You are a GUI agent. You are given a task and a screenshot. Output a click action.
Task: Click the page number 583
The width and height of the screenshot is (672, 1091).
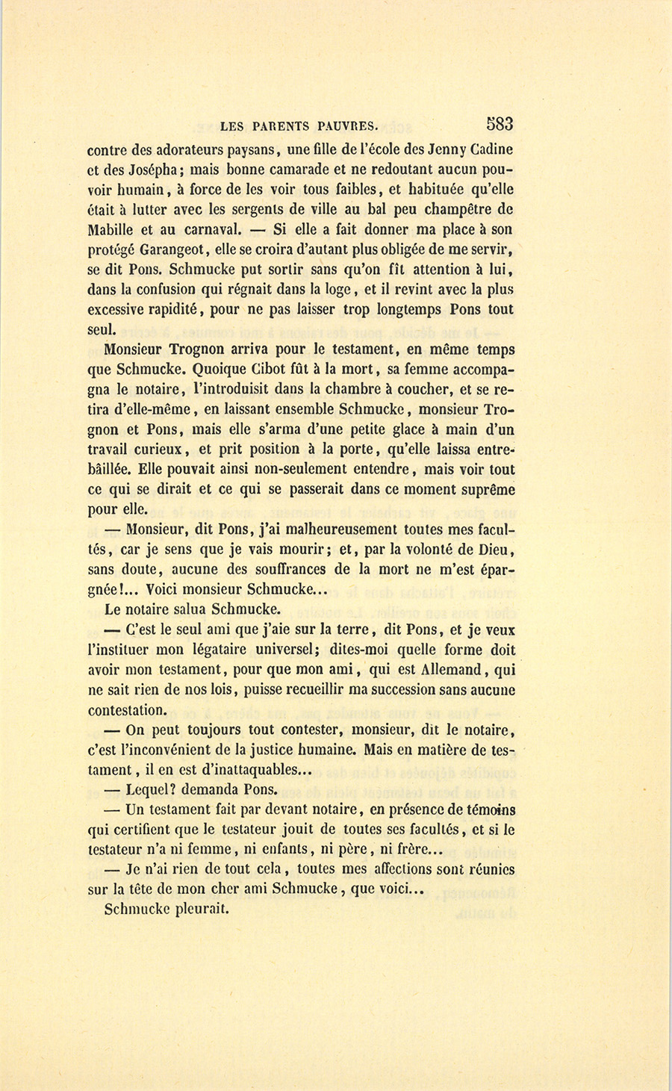coord(499,124)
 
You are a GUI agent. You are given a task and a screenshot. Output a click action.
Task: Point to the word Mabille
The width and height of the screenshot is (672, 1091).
coord(112,229)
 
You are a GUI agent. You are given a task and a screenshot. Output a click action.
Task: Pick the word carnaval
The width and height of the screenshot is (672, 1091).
coord(207,229)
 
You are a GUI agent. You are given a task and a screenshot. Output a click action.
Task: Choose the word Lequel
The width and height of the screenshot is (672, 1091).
coord(152,789)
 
